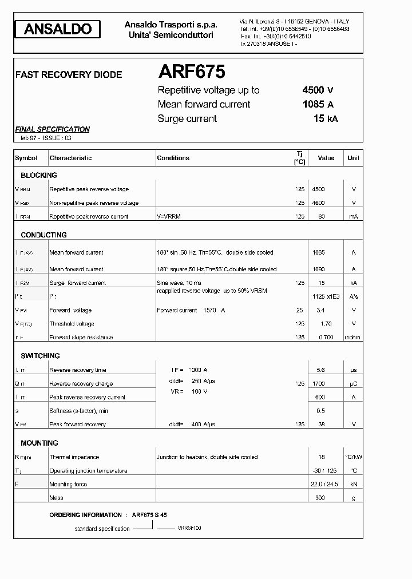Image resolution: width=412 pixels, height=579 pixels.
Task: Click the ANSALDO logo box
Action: pos(58,29)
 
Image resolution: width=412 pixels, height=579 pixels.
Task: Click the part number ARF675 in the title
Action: pos(191,72)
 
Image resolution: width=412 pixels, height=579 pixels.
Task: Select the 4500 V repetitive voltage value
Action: pos(318,90)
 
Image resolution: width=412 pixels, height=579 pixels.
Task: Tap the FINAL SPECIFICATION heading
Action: pos(52,129)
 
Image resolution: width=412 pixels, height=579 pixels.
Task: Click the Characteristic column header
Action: pos(70,158)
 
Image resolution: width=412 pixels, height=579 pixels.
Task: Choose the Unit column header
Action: pos(353,158)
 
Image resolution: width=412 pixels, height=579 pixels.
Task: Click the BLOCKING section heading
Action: pos(39,175)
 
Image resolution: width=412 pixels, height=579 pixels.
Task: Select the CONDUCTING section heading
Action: pos(43,235)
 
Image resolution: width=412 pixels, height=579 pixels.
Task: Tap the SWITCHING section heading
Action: pos(40,355)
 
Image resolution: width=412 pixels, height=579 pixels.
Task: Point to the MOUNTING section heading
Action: pos(39,443)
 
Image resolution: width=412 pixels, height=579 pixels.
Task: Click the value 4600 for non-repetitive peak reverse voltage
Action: pos(318,203)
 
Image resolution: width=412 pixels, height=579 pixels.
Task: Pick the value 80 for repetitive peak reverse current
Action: pos(321,216)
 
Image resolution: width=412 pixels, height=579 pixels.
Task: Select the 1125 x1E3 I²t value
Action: pos(326,296)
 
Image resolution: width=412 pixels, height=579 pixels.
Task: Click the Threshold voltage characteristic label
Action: pos(72,324)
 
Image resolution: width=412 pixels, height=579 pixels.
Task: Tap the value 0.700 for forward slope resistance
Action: pos(325,338)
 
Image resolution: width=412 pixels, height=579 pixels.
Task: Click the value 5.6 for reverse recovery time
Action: pos(320,370)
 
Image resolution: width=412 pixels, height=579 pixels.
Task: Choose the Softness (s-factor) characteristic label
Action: pos(78,411)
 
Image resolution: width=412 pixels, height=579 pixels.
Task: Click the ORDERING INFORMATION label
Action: pos(85,515)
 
